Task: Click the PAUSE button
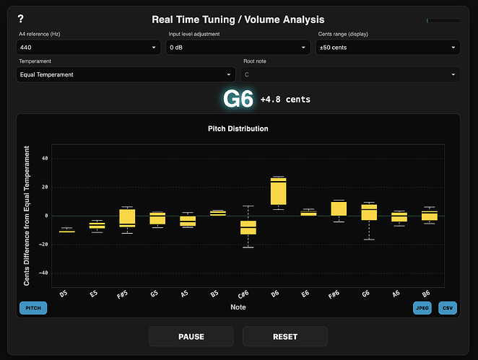(191, 336)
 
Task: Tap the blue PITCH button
(33, 308)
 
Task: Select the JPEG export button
(422, 308)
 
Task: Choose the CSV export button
(448, 308)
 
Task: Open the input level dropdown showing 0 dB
(238, 48)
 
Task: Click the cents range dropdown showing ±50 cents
(388, 48)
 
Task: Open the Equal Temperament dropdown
(126, 74)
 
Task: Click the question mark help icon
(21, 19)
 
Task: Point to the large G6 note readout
(238, 99)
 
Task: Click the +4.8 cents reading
(285, 100)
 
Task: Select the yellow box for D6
(278, 191)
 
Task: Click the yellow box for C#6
(248, 228)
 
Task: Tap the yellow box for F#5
(127, 218)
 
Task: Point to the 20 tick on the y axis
(45, 187)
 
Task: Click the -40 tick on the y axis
(43, 273)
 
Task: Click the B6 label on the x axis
(427, 294)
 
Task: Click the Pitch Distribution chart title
(238, 128)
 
